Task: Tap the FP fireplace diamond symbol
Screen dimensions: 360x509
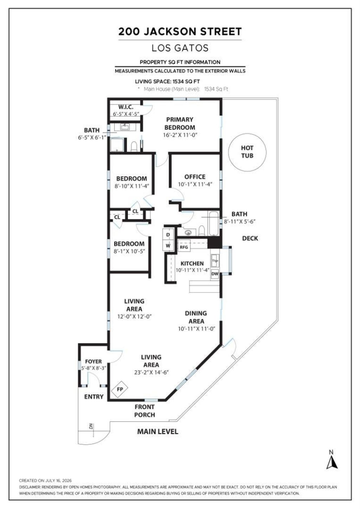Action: [x=120, y=389]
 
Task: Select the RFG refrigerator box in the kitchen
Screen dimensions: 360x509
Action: [x=184, y=247]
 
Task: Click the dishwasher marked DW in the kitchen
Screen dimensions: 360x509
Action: [x=215, y=274]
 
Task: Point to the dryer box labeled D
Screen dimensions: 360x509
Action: [x=168, y=234]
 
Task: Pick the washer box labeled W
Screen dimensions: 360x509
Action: [x=168, y=246]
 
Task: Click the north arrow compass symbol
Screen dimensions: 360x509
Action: [x=332, y=460]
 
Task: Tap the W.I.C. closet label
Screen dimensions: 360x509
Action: [x=126, y=107]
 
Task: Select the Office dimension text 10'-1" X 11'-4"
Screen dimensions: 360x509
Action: [x=195, y=184]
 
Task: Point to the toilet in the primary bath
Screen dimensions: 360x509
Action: [x=134, y=147]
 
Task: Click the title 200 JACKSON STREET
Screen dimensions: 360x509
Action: [x=180, y=32]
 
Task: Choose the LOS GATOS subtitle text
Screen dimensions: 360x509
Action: [x=180, y=48]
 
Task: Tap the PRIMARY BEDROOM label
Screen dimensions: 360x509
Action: [x=180, y=123]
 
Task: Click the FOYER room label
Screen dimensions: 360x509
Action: [x=94, y=361]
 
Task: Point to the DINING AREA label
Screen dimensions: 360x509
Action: [x=196, y=317]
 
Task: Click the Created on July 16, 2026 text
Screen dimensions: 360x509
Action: [x=45, y=481]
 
